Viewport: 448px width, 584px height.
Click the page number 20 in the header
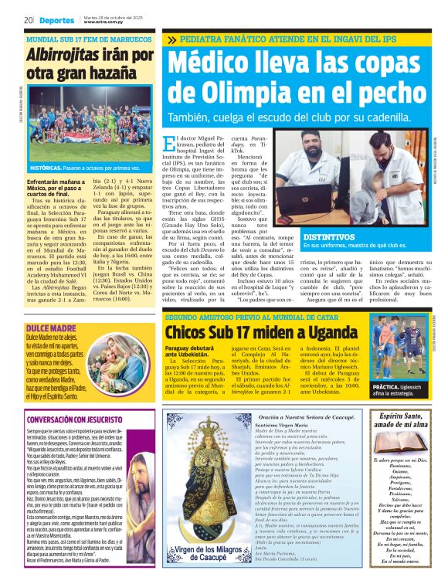28,19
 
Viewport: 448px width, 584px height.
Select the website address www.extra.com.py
105,22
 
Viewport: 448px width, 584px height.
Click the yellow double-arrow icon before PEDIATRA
171,39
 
